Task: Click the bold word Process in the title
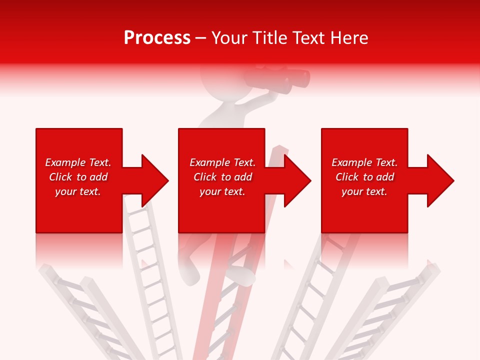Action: click(157, 38)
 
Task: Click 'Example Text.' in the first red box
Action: click(78, 162)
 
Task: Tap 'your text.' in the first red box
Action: click(78, 191)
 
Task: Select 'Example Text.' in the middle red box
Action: click(222, 162)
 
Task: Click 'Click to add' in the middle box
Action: click(222, 177)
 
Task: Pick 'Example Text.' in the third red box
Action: click(364, 162)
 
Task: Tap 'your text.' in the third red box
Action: click(364, 191)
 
